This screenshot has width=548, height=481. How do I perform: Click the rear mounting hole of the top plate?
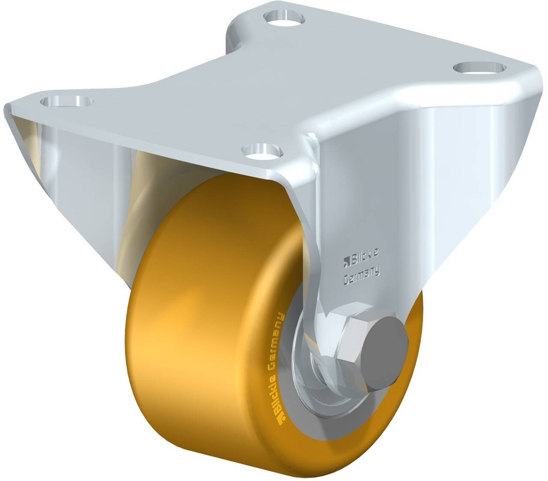point(284,18)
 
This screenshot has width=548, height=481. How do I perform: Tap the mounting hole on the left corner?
point(66,102)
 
